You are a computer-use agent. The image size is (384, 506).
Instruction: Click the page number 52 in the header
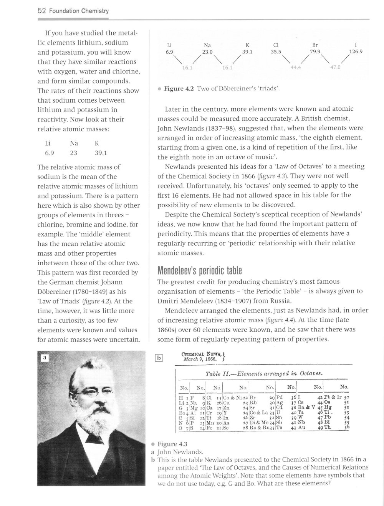(x=41, y=11)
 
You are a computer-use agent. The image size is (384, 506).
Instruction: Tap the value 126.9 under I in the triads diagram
(x=356, y=50)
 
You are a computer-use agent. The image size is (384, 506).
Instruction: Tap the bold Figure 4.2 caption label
(x=179, y=88)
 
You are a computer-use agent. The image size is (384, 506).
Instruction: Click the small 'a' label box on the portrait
(x=45, y=358)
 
